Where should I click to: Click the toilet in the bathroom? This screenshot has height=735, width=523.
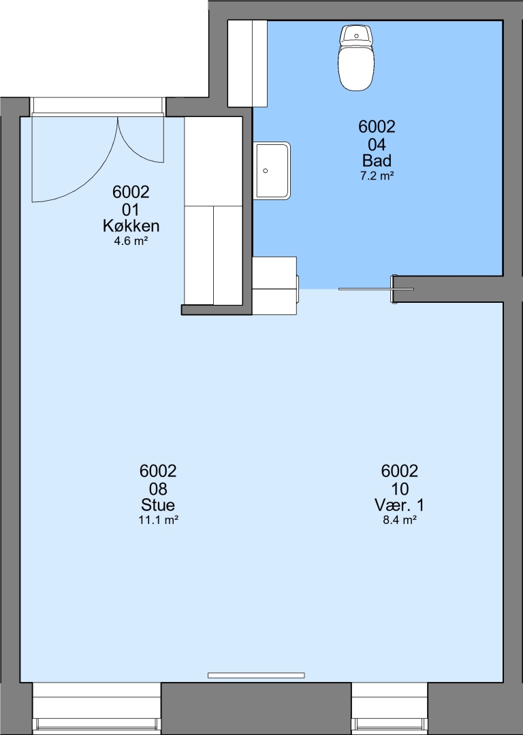pos(356,58)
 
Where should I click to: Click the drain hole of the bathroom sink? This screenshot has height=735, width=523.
pos(266,171)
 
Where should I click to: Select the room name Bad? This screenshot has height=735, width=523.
pos(377,161)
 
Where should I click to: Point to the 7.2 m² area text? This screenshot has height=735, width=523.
pos(377,176)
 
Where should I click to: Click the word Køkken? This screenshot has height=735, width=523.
pos(131,226)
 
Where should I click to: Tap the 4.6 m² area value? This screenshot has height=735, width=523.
pos(131,242)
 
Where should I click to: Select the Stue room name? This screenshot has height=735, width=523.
pos(158,505)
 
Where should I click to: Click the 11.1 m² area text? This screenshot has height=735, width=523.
pos(159,520)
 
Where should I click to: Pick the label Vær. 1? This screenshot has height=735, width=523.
pos(399,505)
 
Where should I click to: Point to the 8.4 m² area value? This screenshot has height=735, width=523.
pos(400,520)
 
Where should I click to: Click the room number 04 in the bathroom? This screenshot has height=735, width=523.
pos(377,144)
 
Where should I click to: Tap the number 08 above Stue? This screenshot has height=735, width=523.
pos(158,489)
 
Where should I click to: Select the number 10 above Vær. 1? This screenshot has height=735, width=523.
pos(400,489)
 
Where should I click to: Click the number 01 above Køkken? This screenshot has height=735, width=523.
pos(131,210)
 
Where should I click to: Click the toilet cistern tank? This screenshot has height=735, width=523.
pos(356,35)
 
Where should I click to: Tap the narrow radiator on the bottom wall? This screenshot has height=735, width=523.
pos(256,675)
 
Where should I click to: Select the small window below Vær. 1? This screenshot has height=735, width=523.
pos(390,708)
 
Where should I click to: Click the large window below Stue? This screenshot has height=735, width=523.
pos(97,708)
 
